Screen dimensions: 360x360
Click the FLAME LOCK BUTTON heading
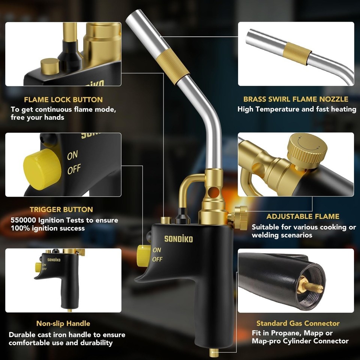pos(63,100)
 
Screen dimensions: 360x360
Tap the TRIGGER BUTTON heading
pos(61,209)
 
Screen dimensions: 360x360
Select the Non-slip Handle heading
pos(63,323)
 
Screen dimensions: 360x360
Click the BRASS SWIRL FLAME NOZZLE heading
pos(295,99)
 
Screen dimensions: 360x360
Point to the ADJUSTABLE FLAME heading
pos(303,216)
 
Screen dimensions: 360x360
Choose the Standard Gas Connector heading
pos(298,323)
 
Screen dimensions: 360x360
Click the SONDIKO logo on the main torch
pos(178,239)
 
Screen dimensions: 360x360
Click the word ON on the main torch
pos(157,250)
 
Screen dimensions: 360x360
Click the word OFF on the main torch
pos(157,259)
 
